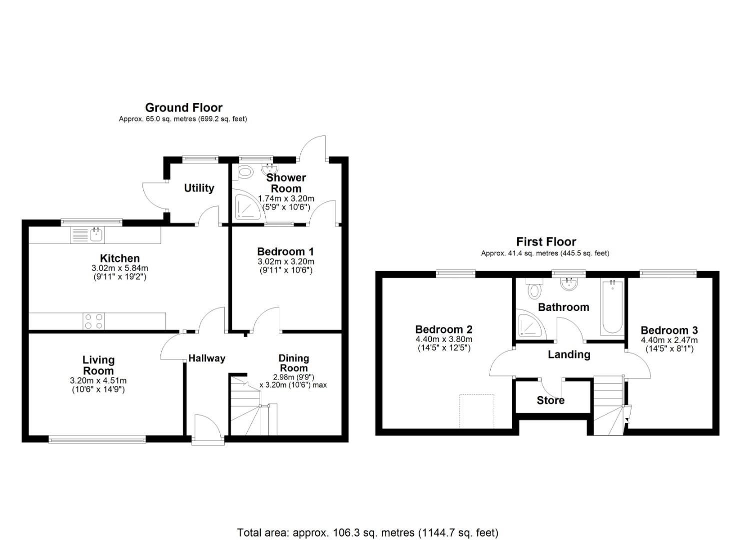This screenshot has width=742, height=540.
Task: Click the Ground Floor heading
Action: (x=183, y=107)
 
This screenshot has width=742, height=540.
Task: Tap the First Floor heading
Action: (x=546, y=242)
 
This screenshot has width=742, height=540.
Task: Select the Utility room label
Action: (x=199, y=188)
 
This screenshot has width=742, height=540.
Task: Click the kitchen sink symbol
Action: (x=88, y=234)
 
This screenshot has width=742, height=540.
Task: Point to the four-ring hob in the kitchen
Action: (x=93, y=321)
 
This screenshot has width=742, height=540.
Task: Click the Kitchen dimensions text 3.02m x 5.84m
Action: (x=119, y=268)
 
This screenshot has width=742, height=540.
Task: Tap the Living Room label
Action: (x=98, y=365)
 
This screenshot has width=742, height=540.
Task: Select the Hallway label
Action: (x=206, y=358)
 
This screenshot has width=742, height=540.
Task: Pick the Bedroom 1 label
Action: (x=285, y=251)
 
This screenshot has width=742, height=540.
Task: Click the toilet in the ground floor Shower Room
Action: (x=245, y=173)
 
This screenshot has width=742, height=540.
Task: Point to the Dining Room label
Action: (x=293, y=363)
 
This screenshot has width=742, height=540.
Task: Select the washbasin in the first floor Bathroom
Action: (x=568, y=284)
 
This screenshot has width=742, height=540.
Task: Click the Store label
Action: (x=551, y=400)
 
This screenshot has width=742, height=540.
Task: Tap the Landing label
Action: (x=569, y=354)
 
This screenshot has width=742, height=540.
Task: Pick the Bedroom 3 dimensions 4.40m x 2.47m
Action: (x=669, y=340)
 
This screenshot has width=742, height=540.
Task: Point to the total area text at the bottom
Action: (x=367, y=532)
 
